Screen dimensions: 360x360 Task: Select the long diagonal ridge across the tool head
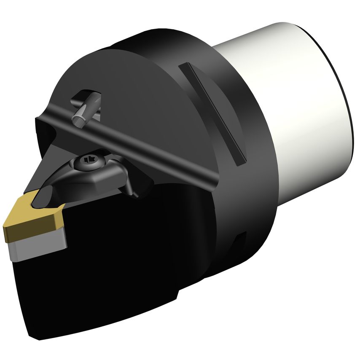[126, 143]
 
